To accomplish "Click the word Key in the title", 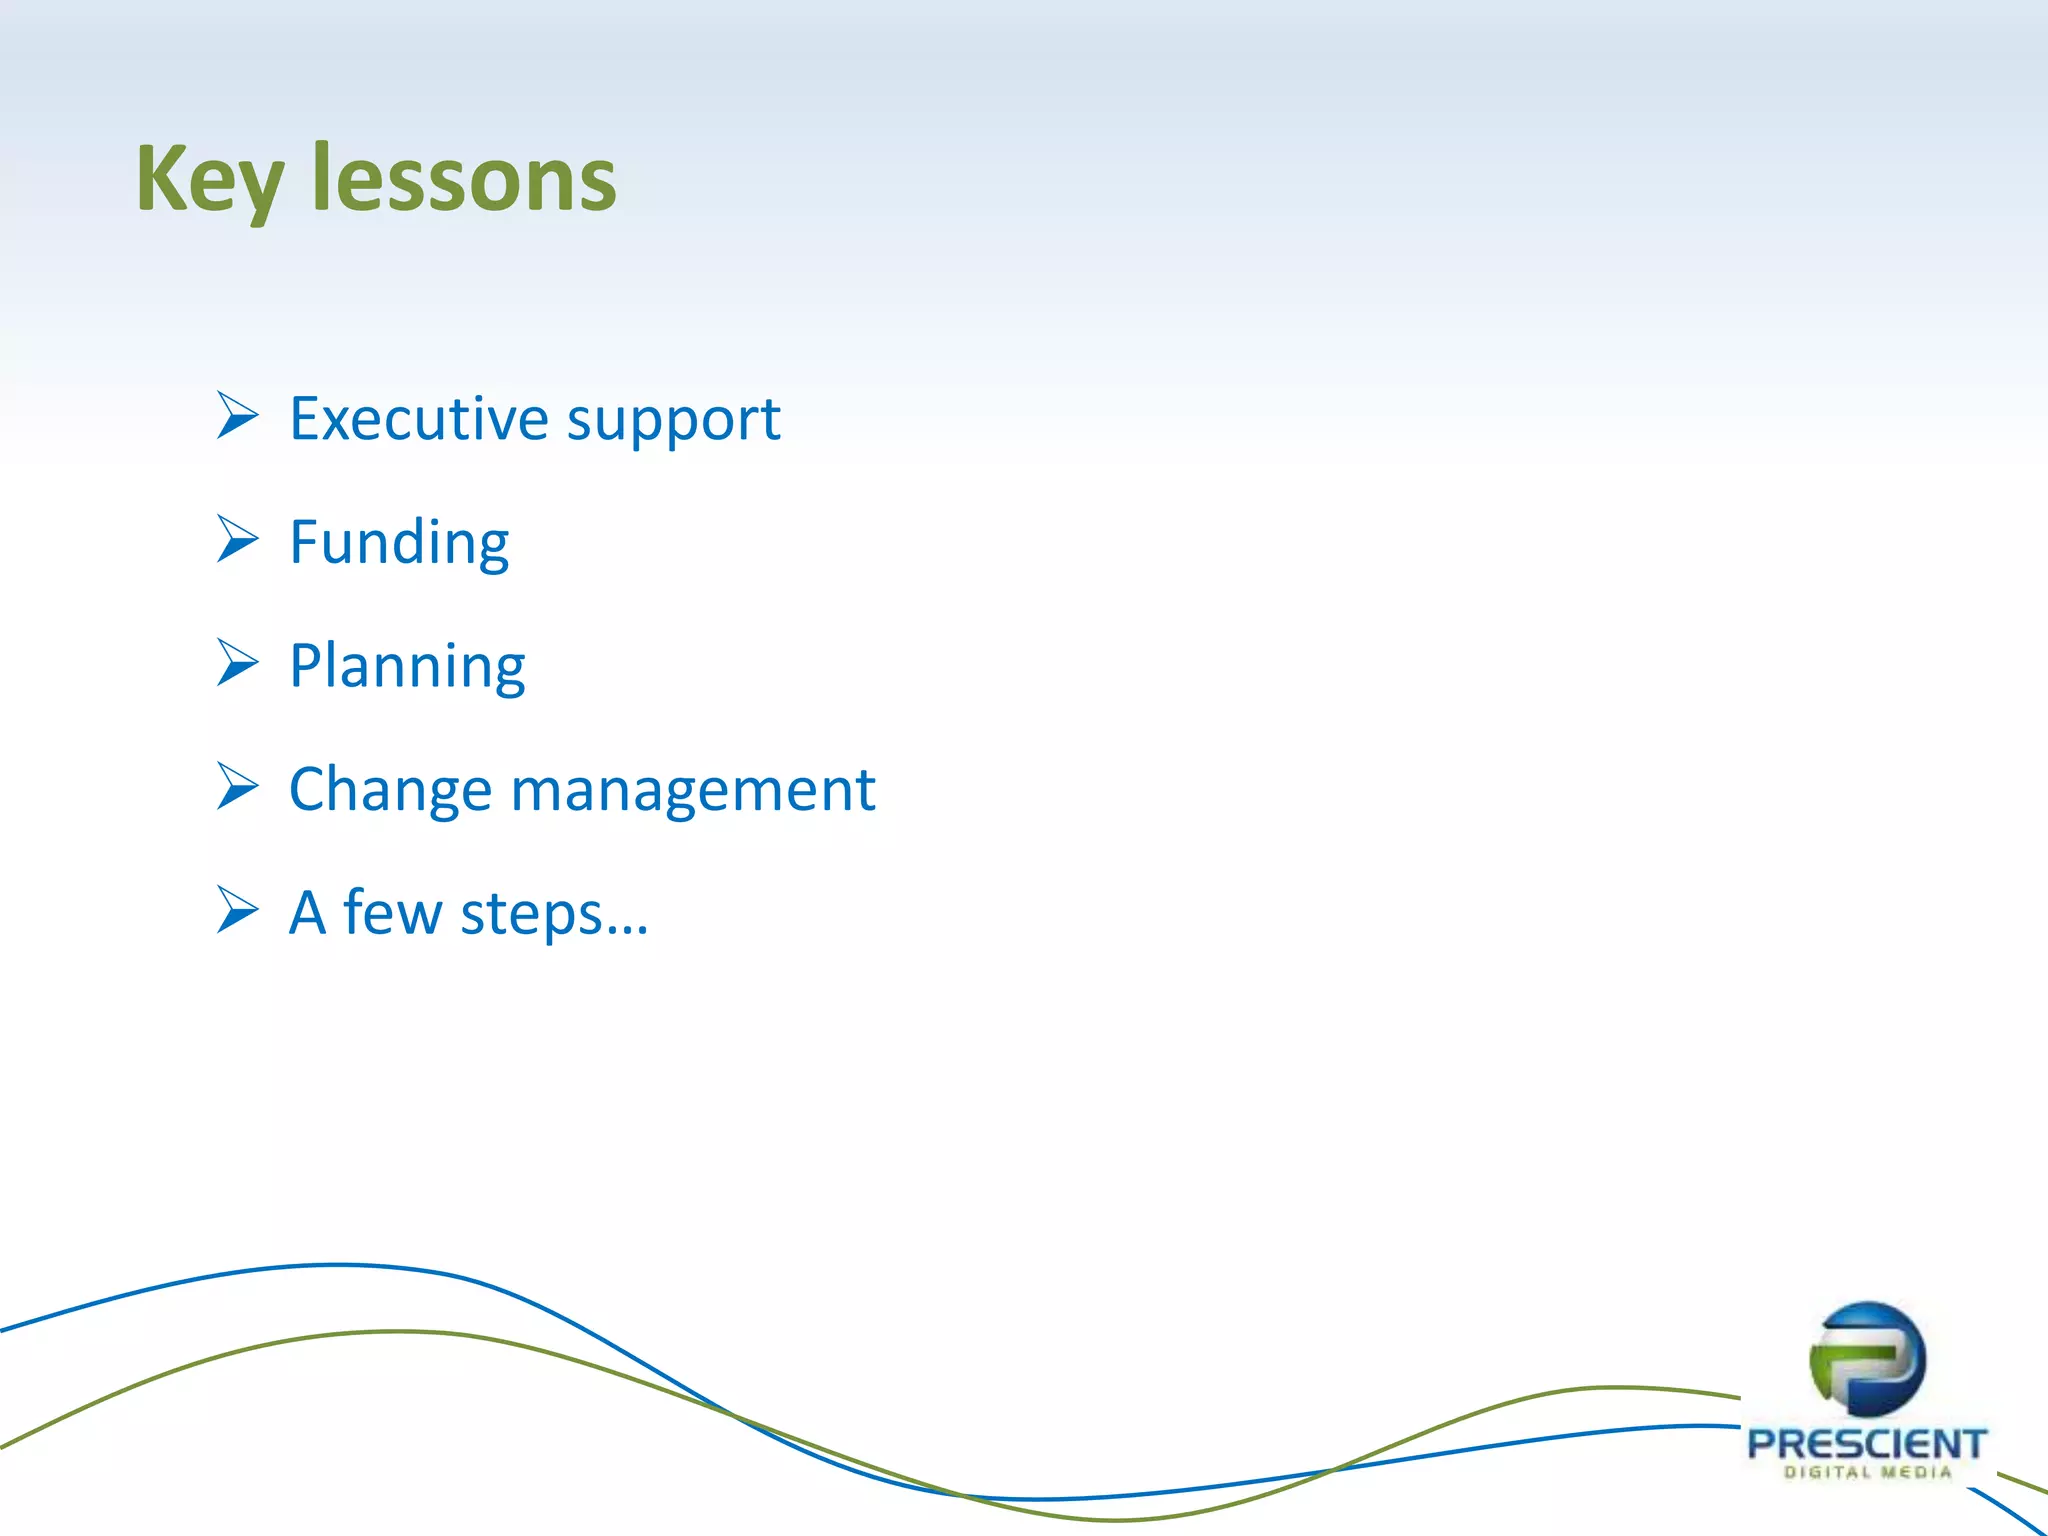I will tap(210, 180).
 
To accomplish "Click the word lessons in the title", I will tap(464, 180).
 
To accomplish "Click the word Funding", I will tap(399, 543).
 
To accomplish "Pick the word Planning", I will tap(407, 667).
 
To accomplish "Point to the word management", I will tap(693, 790).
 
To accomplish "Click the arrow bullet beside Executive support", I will tap(237, 416).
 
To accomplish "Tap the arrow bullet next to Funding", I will tap(237, 540).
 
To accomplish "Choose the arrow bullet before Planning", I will tap(237, 663).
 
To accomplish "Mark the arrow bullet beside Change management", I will tap(237, 787).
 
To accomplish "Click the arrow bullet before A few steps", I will tap(237, 910).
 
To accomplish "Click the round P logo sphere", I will tap(1867, 1359).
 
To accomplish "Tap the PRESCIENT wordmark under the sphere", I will tap(1867, 1444).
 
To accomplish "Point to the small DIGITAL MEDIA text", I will tap(1867, 1472).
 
